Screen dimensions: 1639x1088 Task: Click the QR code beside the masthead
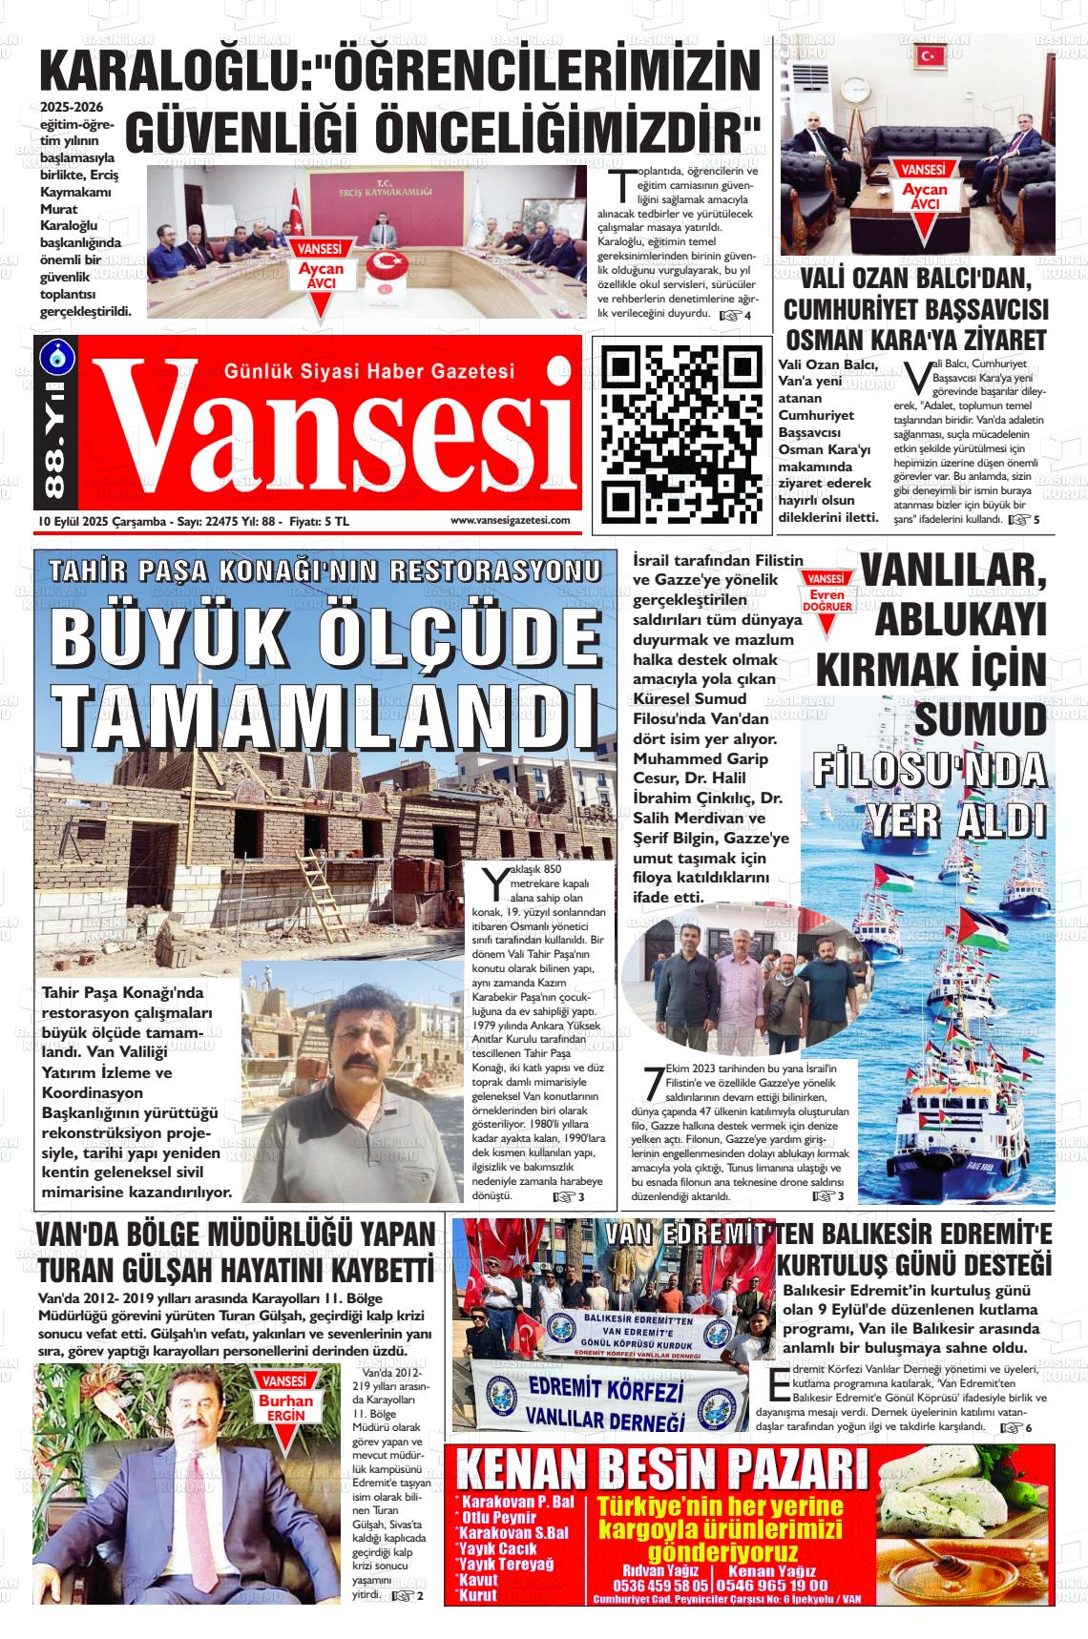[680, 433]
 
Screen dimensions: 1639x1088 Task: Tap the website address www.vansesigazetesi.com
[510, 521]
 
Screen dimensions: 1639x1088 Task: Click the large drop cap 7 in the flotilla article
[653, 1083]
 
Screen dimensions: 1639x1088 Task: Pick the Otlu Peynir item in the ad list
[502, 1518]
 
